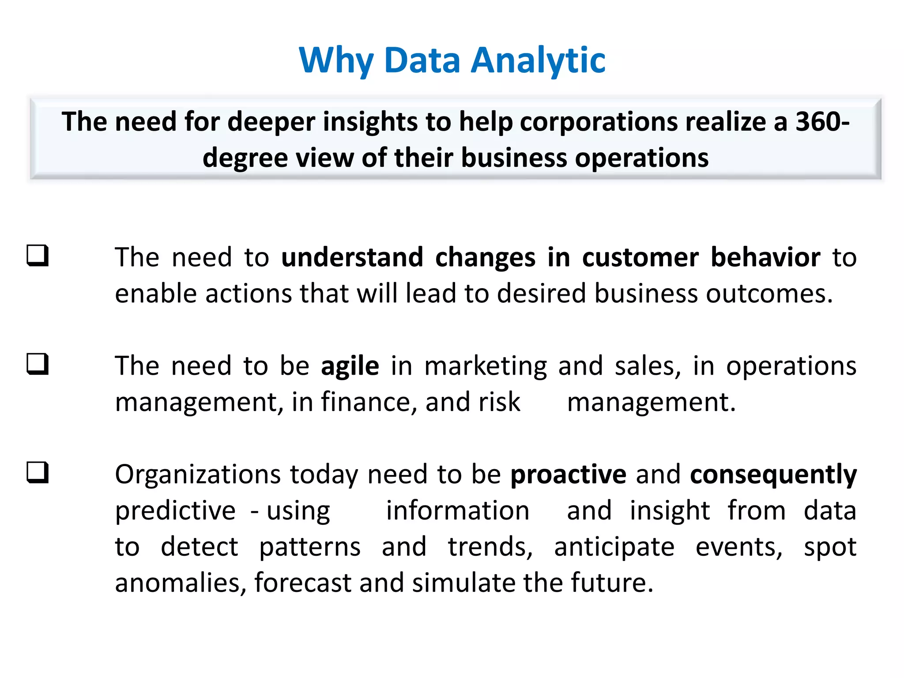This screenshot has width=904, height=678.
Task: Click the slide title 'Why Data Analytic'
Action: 452,60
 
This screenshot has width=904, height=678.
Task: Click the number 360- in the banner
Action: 822,122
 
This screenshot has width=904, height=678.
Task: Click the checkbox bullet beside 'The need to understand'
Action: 38,256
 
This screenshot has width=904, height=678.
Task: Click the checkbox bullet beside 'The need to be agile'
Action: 38,364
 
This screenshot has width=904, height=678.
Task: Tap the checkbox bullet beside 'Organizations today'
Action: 38,473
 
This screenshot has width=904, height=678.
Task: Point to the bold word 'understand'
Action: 352,257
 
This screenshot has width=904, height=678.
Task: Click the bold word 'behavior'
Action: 765,257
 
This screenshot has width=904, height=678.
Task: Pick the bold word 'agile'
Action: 350,366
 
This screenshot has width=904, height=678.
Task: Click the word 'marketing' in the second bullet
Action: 486,366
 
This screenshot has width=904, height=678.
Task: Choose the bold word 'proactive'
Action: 568,475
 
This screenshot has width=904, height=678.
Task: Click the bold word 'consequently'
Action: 773,475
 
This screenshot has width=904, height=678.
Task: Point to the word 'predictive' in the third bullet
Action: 175,511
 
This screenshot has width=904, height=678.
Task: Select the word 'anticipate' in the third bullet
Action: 614,548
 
